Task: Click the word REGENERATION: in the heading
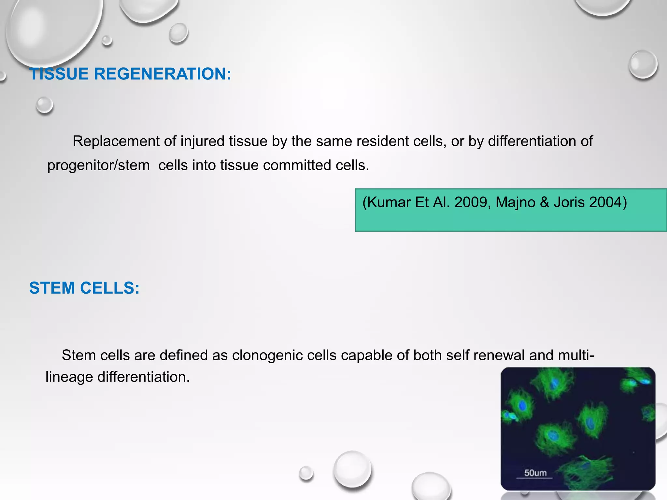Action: coord(163,74)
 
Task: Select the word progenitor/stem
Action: coord(98,165)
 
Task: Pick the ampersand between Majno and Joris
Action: coord(544,202)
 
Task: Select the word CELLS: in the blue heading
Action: coord(110,288)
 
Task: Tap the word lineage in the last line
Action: coord(69,377)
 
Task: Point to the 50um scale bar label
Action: coord(535,473)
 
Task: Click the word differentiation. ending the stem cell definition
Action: coord(143,377)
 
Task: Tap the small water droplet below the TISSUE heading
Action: coord(44,105)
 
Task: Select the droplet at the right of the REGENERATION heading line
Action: coord(643,64)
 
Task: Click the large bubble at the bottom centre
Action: coord(352,469)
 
